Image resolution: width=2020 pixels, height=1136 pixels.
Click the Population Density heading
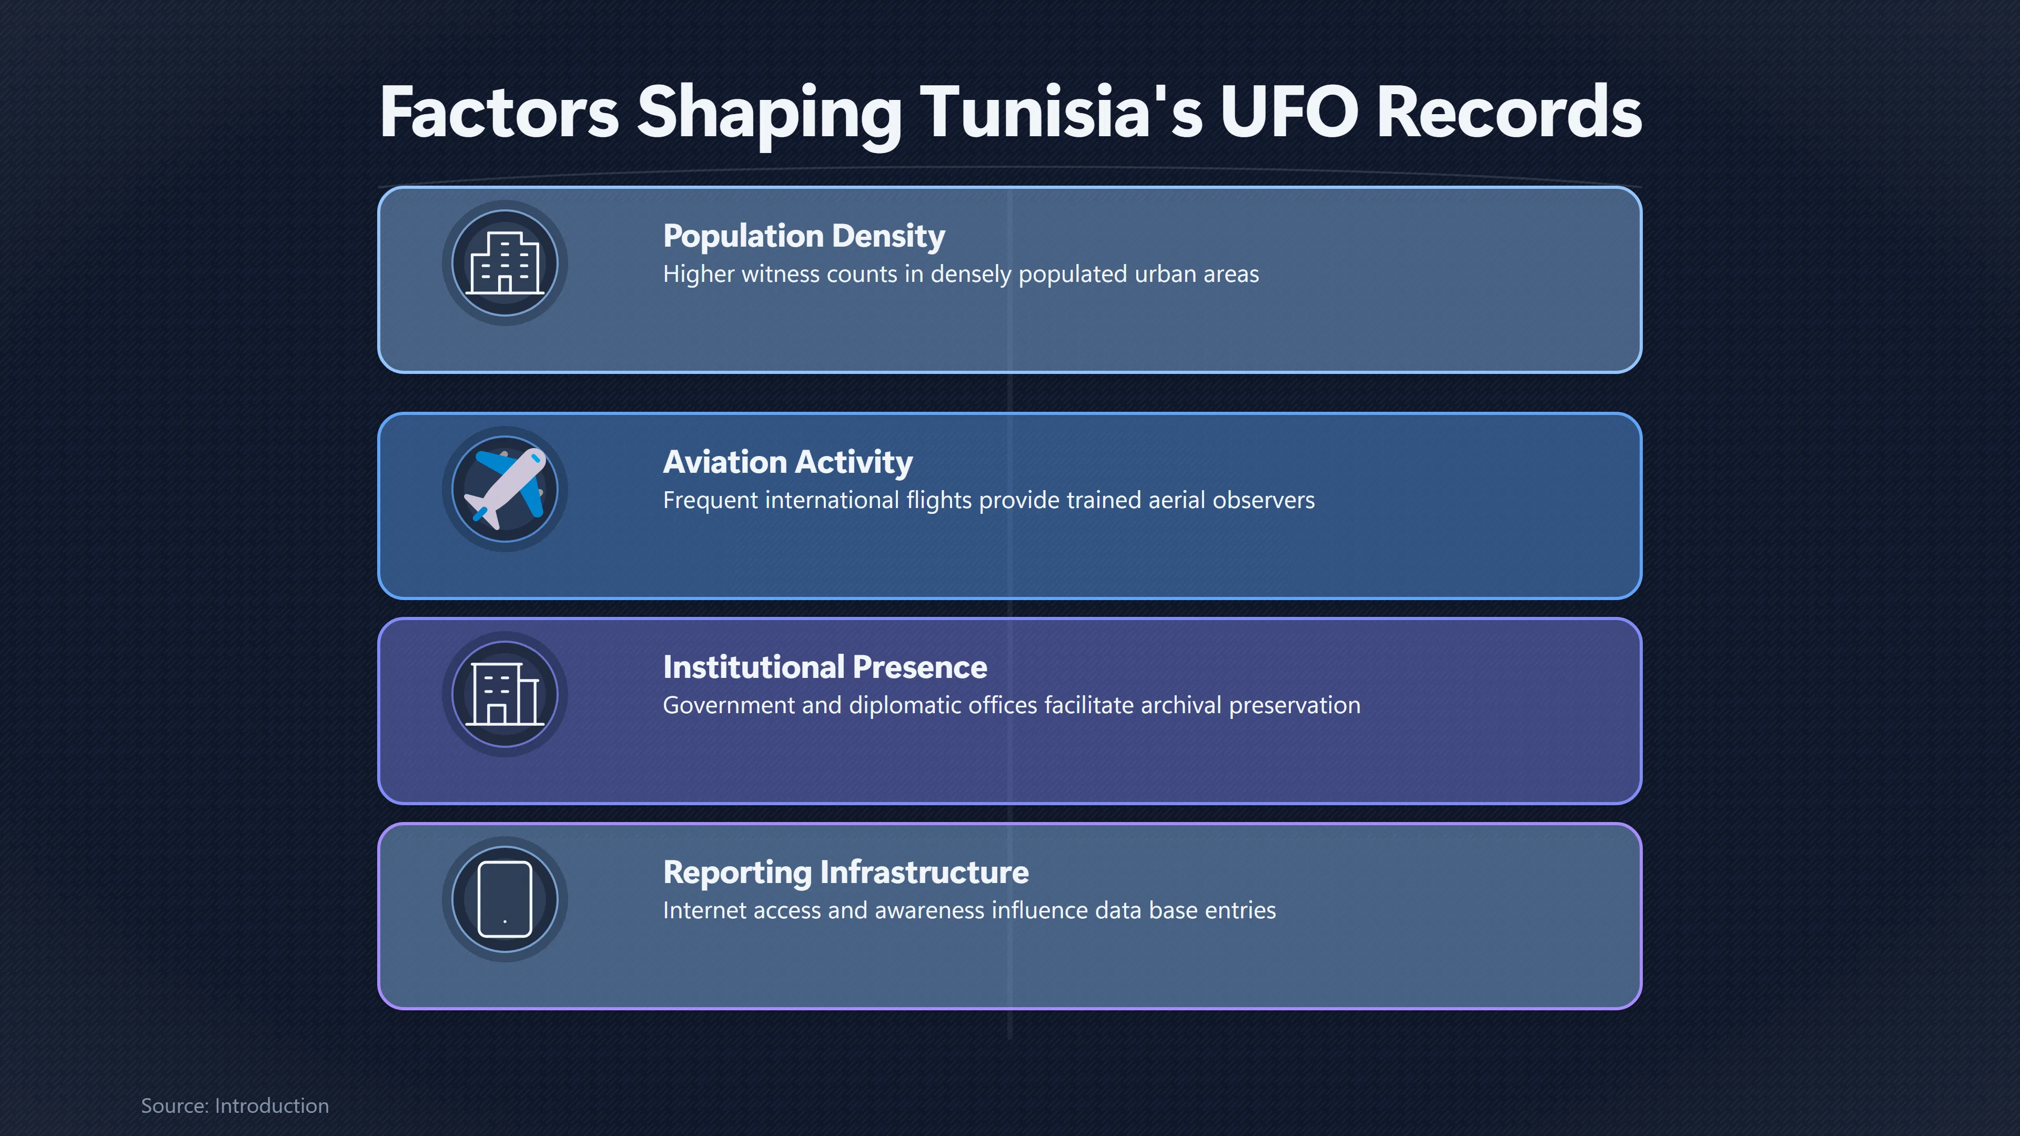click(804, 236)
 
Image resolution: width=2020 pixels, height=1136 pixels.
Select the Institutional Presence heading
click(825, 667)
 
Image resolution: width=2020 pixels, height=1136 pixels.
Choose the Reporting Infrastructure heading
click(846, 873)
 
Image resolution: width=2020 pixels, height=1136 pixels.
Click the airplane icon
click(505, 489)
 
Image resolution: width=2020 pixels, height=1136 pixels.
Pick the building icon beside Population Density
click(505, 262)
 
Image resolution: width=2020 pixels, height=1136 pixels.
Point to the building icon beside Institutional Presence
click(505, 694)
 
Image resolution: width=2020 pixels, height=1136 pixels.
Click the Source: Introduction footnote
click(235, 1105)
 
